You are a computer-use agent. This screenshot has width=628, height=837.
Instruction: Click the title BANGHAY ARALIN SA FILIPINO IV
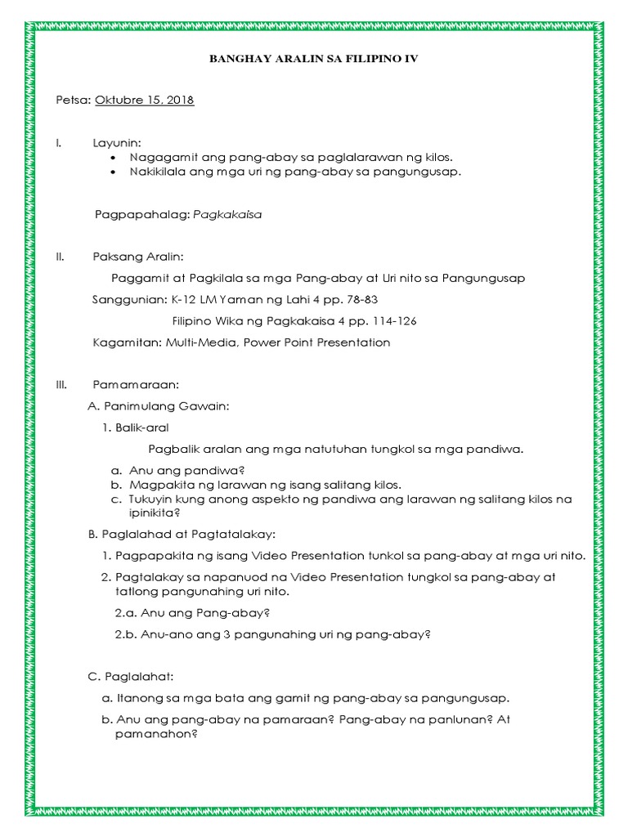(314, 60)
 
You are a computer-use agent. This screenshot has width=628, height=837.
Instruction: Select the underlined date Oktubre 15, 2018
(145, 101)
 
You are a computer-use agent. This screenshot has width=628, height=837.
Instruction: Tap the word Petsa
(72, 101)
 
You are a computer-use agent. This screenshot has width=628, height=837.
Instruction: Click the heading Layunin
(117, 143)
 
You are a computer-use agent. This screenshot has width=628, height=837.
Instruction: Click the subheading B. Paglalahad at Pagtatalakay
(182, 535)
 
